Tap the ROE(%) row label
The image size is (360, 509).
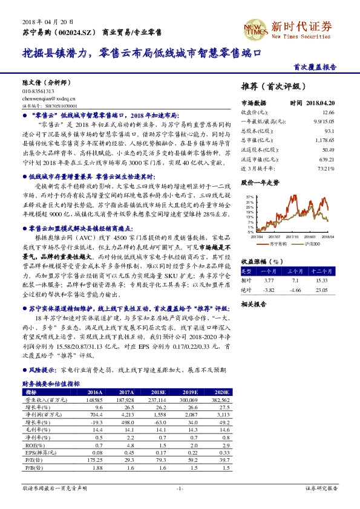pyautogui.click(x=33, y=445)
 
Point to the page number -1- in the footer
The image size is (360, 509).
pyautogui.click(x=180, y=488)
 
